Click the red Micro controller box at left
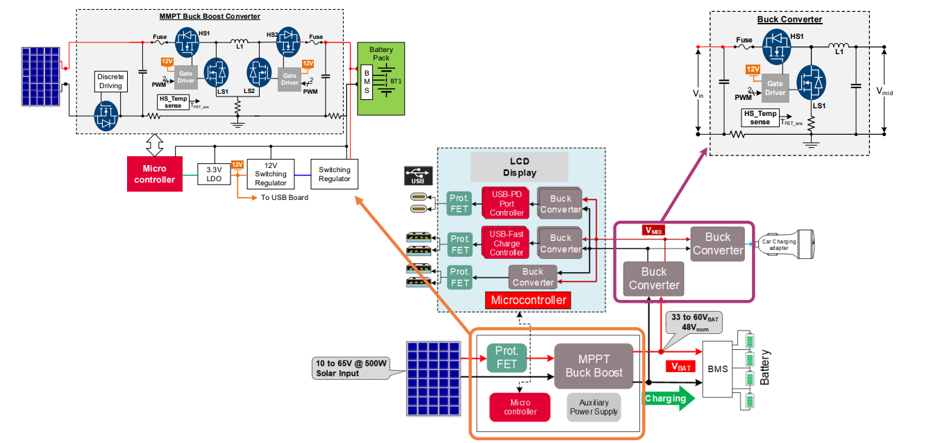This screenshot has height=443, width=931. pyautogui.click(x=155, y=174)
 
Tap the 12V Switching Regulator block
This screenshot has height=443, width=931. pyautogui.click(x=271, y=174)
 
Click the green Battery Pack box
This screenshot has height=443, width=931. pyautogui.click(x=380, y=78)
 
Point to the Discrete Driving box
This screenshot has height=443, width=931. pyautogui.click(x=110, y=81)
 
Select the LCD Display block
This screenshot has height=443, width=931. pyautogui.click(x=519, y=167)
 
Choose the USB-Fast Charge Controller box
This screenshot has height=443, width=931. pyautogui.click(x=506, y=243)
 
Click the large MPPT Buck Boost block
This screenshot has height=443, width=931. pyautogui.click(x=593, y=366)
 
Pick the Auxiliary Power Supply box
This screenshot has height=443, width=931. pyautogui.click(x=594, y=407)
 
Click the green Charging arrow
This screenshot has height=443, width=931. pyautogui.click(x=669, y=399)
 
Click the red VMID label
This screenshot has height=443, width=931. pyautogui.click(x=653, y=230)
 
